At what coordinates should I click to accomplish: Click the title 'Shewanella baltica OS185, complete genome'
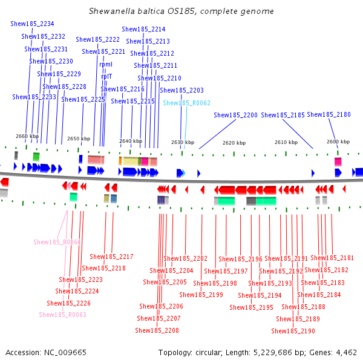(181, 11)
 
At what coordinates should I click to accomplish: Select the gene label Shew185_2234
(32, 24)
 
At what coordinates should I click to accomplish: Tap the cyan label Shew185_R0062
(186, 103)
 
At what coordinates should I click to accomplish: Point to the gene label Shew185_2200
(235, 115)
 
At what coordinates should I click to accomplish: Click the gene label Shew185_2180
(329, 114)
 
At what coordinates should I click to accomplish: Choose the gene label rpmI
(106, 64)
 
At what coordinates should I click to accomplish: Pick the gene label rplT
(106, 76)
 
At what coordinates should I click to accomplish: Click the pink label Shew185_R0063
(63, 315)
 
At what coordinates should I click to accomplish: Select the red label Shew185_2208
(157, 330)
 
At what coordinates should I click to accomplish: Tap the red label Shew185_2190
(293, 331)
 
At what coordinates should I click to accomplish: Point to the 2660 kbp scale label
(26, 136)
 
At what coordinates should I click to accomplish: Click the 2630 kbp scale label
(183, 142)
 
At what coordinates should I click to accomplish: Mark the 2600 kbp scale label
(338, 142)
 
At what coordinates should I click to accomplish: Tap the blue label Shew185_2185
(283, 115)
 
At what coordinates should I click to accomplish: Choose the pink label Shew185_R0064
(57, 242)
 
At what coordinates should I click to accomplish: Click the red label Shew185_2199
(201, 295)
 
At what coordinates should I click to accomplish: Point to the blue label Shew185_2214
(143, 29)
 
